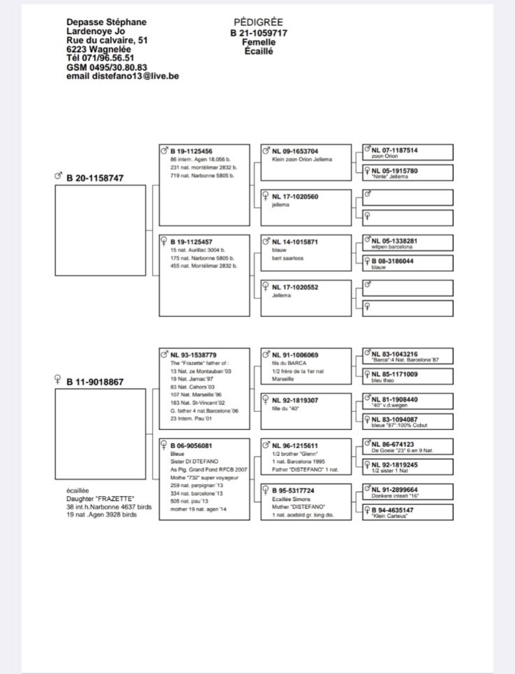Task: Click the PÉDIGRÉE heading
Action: (x=258, y=23)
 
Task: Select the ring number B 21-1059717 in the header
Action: (x=259, y=33)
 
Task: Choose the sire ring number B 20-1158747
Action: (x=95, y=178)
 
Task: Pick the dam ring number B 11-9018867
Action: (x=95, y=382)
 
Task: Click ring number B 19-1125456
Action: (x=191, y=152)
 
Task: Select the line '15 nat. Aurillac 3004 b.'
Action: (x=197, y=250)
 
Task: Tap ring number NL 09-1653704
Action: (x=295, y=152)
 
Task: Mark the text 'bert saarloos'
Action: (x=287, y=258)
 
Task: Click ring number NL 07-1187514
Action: (x=394, y=150)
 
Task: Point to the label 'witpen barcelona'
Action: (x=391, y=247)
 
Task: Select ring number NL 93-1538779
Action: (x=193, y=355)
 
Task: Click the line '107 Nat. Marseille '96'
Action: (x=196, y=395)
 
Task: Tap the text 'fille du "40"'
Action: (x=285, y=408)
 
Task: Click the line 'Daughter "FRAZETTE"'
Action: (x=100, y=499)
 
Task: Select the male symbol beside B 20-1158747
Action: (x=57, y=176)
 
